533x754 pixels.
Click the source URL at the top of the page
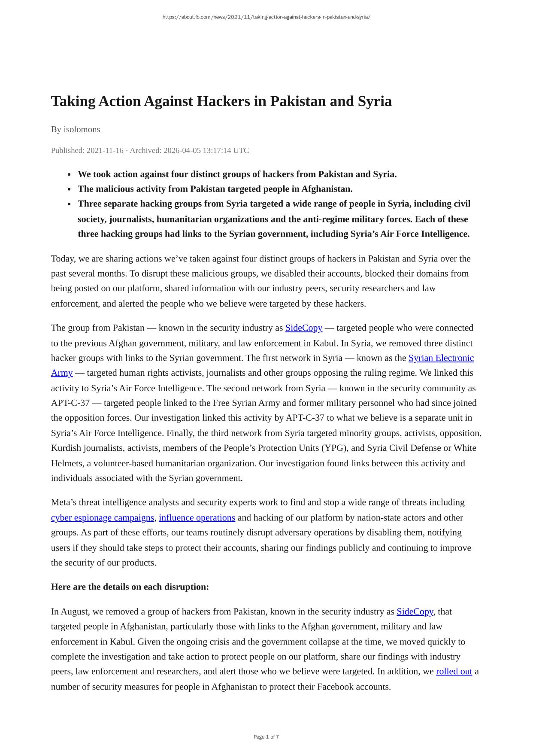click(x=266, y=17)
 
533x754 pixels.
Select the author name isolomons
click(x=82, y=129)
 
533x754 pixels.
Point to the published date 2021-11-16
click(x=105, y=150)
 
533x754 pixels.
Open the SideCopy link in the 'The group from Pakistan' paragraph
click(x=303, y=328)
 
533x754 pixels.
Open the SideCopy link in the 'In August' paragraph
click(x=415, y=611)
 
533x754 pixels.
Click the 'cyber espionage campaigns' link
click(x=102, y=518)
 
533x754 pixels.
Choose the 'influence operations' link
click(x=197, y=518)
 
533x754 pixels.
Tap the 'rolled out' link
click(x=454, y=672)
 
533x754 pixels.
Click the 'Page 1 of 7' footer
click(x=266, y=737)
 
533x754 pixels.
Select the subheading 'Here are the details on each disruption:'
click(x=130, y=587)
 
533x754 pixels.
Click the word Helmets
click(x=66, y=463)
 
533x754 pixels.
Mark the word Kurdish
click(x=66, y=448)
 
